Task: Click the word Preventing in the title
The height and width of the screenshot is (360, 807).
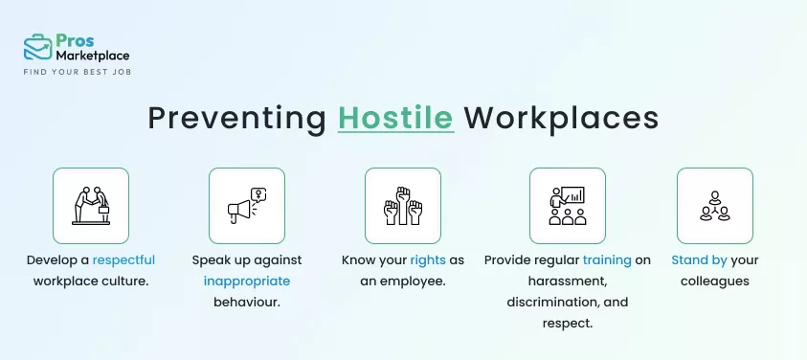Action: (236, 118)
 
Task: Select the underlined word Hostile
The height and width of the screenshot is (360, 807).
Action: (395, 118)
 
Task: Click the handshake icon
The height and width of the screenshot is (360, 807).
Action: (91, 205)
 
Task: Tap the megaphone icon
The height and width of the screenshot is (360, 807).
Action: (246, 205)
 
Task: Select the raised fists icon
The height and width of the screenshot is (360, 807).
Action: (402, 205)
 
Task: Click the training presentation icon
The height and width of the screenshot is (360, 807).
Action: (567, 205)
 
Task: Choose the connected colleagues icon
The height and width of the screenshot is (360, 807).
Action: (714, 205)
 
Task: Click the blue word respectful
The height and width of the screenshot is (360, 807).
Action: (123, 259)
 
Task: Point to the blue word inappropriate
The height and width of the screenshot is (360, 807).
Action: (246, 281)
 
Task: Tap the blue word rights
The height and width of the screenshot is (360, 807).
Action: (427, 259)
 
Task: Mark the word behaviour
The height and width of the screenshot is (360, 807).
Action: (246, 303)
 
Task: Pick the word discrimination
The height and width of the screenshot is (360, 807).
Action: (552, 303)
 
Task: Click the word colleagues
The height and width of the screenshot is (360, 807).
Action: (714, 281)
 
